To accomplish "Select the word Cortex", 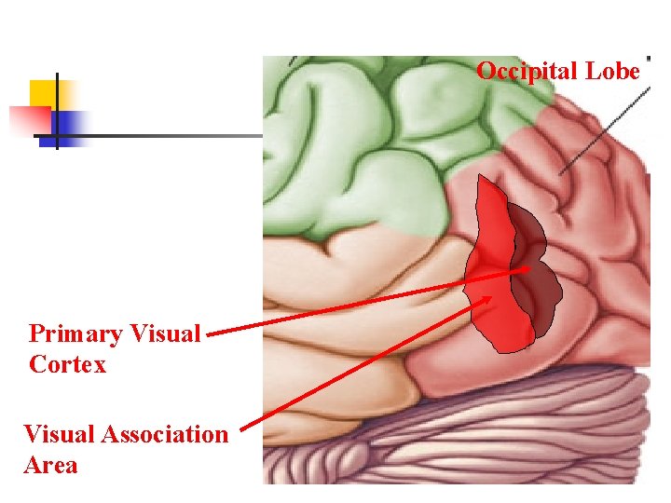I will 67,364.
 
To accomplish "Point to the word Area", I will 50,465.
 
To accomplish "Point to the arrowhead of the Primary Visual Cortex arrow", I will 526,269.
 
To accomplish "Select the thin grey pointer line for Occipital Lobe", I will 606,126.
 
